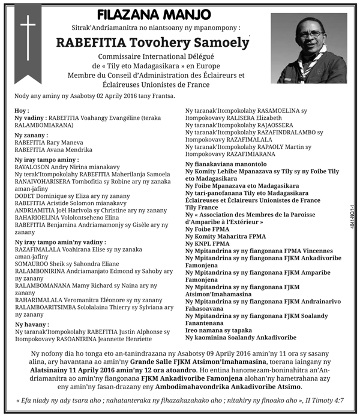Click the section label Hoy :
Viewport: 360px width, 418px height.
point(22,111)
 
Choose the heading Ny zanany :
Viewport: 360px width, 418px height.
point(31,137)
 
